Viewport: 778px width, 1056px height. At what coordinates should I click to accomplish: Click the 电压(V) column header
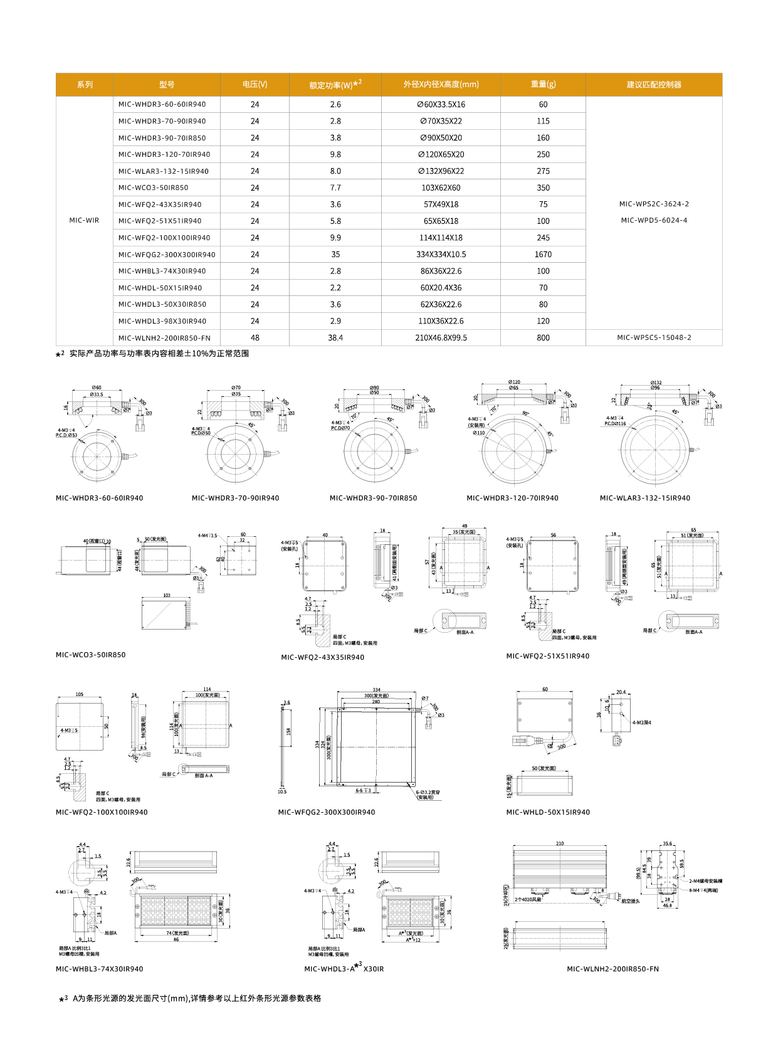pyautogui.click(x=255, y=85)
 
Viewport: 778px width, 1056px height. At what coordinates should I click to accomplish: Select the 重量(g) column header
pyautogui.click(x=543, y=85)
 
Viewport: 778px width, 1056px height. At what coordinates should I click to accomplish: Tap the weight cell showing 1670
pyautogui.click(x=543, y=255)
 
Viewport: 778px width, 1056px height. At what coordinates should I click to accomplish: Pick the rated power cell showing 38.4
pyautogui.click(x=335, y=338)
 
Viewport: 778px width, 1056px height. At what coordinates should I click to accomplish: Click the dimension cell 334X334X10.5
pyautogui.click(x=441, y=255)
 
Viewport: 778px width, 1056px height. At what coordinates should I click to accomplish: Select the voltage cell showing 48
pyautogui.click(x=255, y=338)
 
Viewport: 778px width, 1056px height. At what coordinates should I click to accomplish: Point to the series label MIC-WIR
pyautogui.click(x=84, y=221)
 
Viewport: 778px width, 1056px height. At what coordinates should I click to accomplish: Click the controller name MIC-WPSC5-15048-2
pyautogui.click(x=654, y=338)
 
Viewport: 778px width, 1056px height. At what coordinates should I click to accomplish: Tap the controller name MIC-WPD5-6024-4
pyautogui.click(x=654, y=221)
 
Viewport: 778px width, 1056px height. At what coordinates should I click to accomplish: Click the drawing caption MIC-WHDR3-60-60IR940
pyautogui.click(x=99, y=499)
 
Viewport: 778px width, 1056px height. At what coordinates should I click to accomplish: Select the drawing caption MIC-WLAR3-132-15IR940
pyautogui.click(x=644, y=499)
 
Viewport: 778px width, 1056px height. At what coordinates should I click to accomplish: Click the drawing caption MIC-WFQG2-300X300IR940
pyautogui.click(x=326, y=813)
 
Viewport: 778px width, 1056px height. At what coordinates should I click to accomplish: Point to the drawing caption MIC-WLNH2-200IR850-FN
pyautogui.click(x=612, y=969)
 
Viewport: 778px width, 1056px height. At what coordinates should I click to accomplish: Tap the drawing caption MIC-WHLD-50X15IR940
pyautogui.click(x=548, y=813)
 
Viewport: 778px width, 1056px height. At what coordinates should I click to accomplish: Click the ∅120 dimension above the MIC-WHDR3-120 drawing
pyautogui.click(x=514, y=382)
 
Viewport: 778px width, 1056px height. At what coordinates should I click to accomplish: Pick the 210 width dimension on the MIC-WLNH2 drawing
pyautogui.click(x=560, y=843)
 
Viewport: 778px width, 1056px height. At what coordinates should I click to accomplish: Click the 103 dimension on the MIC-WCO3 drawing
pyautogui.click(x=167, y=595)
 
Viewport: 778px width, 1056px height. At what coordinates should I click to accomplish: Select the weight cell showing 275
pyautogui.click(x=543, y=171)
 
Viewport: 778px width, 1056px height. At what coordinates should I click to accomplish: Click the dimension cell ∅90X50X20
pyautogui.click(x=441, y=138)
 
